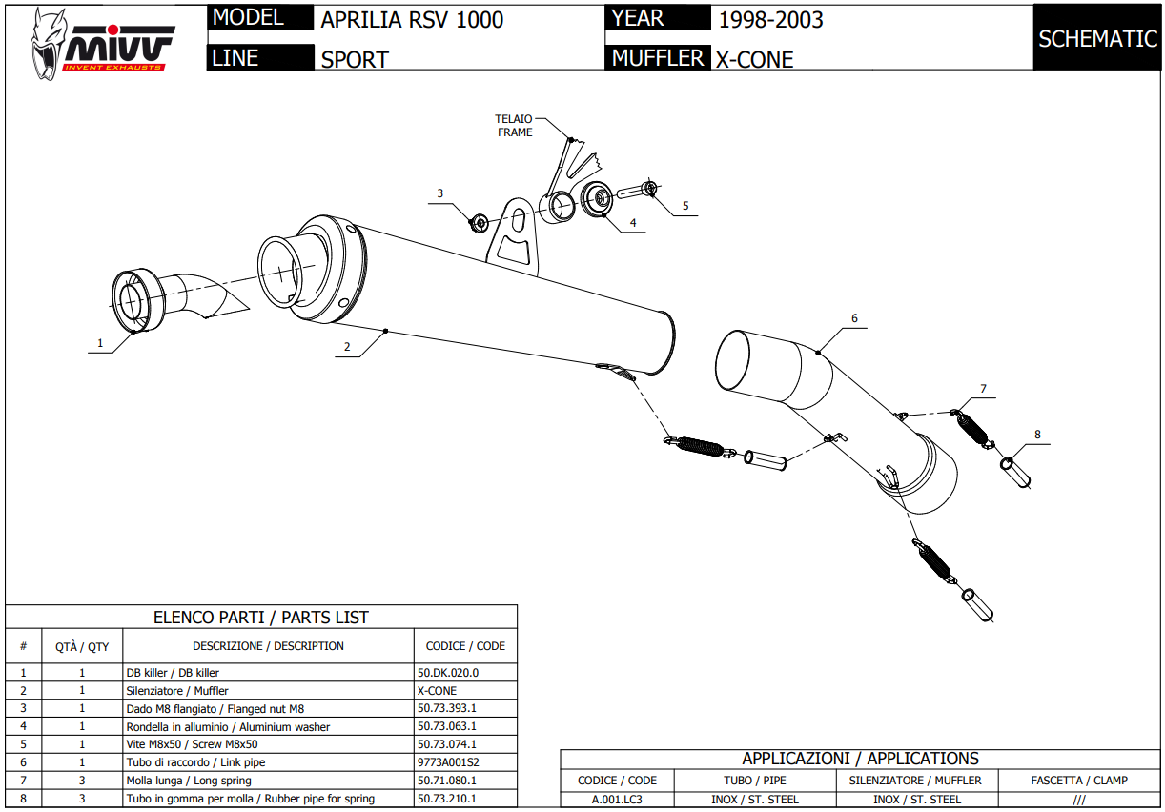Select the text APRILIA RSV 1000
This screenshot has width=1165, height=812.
click(412, 20)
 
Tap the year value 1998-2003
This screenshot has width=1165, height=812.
click(770, 20)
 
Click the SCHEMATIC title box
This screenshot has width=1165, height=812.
click(1097, 39)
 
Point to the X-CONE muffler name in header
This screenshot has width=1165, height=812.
click(754, 59)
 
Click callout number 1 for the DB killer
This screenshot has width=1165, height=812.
click(99, 342)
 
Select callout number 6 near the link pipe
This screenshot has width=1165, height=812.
click(854, 318)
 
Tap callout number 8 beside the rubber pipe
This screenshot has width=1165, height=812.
click(1037, 435)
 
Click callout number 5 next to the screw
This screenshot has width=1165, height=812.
click(685, 205)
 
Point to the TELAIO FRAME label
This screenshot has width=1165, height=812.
click(514, 126)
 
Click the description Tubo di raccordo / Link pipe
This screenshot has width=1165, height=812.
click(195, 762)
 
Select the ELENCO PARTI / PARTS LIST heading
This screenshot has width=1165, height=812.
click(261, 618)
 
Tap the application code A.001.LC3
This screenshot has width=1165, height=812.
click(617, 800)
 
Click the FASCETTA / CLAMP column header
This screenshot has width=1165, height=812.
click(1079, 781)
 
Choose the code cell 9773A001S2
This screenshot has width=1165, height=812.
click(448, 762)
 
